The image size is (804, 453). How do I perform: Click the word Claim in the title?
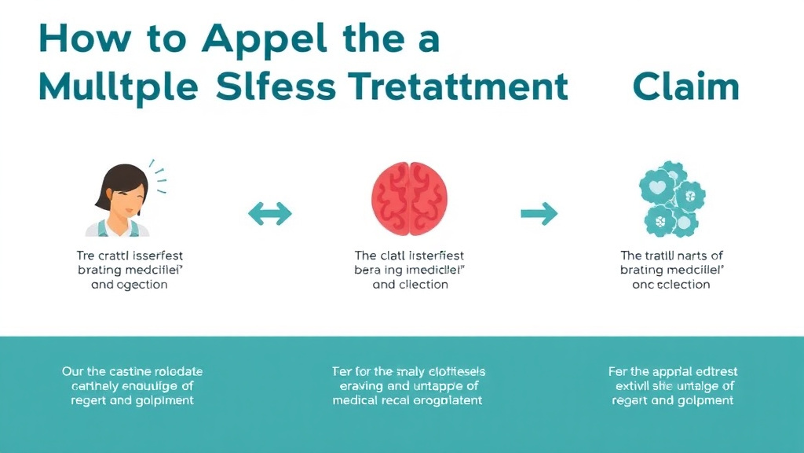(x=685, y=87)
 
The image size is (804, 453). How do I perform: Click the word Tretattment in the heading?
(x=455, y=87)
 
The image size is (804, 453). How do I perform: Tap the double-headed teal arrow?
(x=269, y=212)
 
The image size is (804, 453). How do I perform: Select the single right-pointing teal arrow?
(x=539, y=212)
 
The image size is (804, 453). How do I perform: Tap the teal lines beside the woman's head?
(x=159, y=179)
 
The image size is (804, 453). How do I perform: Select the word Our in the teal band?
(x=73, y=371)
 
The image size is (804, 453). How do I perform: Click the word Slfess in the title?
(x=276, y=87)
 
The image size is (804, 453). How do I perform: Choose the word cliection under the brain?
(x=422, y=284)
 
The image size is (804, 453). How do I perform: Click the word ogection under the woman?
(x=143, y=284)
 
